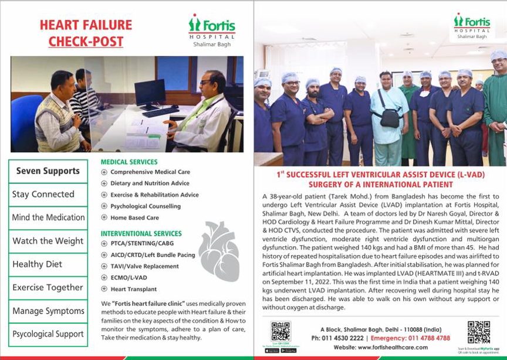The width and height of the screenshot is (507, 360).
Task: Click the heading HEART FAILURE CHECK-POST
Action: click(x=86, y=33)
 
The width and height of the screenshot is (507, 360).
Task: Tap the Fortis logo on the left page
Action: click(x=212, y=27)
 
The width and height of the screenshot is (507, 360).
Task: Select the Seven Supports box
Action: click(x=48, y=171)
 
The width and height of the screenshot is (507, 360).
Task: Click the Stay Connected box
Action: click(x=48, y=194)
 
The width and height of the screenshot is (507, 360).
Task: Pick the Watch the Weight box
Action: click(x=48, y=241)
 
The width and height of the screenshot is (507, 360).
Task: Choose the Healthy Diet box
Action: click(x=48, y=264)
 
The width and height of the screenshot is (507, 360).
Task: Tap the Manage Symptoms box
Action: click(x=48, y=311)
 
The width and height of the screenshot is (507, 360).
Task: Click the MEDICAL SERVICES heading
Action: click(x=129, y=162)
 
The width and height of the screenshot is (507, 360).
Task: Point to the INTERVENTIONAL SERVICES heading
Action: click(x=141, y=233)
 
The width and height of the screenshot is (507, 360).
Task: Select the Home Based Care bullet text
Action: click(x=134, y=218)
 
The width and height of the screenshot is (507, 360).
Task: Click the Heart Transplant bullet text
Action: click(x=133, y=289)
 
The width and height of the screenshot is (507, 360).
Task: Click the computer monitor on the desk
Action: click(x=150, y=93)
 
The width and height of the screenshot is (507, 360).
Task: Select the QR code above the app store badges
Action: click(x=280, y=331)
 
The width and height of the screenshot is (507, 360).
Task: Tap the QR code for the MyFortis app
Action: click(x=478, y=332)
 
